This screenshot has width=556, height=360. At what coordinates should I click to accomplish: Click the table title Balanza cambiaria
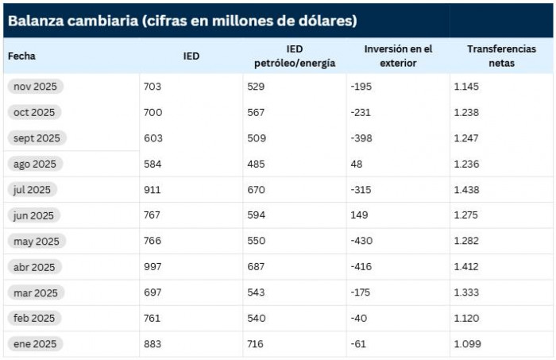click(182, 21)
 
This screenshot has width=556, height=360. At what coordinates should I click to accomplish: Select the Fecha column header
click(22, 56)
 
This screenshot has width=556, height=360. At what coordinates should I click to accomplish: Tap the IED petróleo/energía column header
click(295, 56)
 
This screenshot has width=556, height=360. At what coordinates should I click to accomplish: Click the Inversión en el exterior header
click(398, 56)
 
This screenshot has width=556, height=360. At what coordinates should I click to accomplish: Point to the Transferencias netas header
click(501, 56)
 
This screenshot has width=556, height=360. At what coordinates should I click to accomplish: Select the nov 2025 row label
click(37, 87)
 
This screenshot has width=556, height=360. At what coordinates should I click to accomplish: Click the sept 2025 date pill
click(37, 138)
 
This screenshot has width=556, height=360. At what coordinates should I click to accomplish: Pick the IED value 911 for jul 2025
click(153, 190)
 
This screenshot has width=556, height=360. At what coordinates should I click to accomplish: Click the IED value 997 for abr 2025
click(153, 267)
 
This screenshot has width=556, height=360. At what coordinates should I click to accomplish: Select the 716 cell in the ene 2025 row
click(256, 344)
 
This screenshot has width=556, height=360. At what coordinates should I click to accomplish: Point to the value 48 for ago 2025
click(356, 164)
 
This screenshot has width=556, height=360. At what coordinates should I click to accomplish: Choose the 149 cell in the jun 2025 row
click(359, 215)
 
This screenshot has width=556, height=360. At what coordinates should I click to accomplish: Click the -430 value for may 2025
click(361, 241)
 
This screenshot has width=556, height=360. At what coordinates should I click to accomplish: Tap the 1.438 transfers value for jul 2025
click(466, 190)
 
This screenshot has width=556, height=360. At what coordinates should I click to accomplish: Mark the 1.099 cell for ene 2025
click(466, 344)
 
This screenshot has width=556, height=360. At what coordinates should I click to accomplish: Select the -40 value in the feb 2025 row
click(359, 319)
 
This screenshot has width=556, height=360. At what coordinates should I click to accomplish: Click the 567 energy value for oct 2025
click(256, 112)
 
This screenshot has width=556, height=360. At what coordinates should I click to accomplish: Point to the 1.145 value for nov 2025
click(466, 87)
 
